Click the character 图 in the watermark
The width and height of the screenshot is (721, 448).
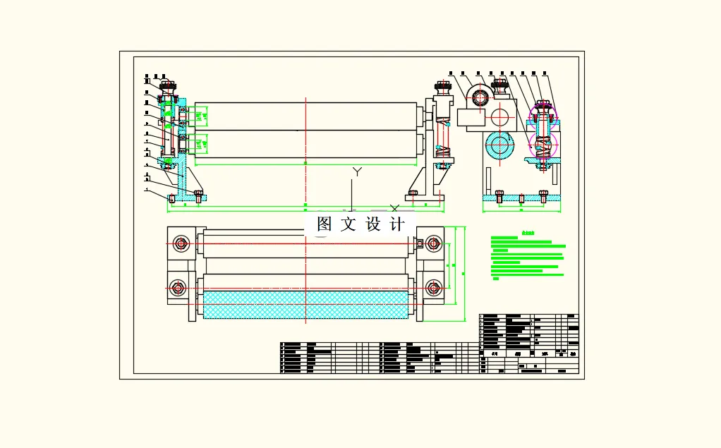325,224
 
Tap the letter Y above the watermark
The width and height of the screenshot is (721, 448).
358,172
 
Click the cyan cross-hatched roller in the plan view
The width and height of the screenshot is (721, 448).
305,304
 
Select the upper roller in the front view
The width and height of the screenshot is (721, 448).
305,116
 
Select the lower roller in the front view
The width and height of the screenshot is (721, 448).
305,145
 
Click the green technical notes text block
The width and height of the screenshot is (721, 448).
528,258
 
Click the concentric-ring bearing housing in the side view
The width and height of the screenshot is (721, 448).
479,97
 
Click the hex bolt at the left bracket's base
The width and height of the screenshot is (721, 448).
198,195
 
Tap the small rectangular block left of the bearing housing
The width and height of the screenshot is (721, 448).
468,117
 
